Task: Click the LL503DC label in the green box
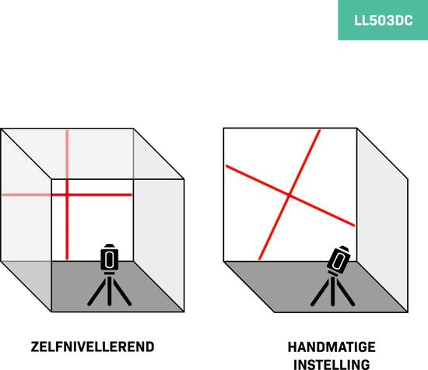[383, 20]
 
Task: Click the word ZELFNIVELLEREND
[93, 347]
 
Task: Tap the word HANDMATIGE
[332, 347]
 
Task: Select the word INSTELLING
[332, 365]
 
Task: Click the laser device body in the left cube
[110, 259]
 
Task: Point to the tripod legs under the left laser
[110, 291]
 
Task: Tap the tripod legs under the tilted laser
[333, 291]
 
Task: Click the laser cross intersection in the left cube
[67, 195]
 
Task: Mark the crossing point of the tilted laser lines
[289, 195]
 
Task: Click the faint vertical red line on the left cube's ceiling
[67, 154]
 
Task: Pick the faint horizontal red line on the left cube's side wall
[26, 195]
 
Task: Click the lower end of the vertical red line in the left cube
[67, 259]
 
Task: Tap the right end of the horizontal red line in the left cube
[131, 195]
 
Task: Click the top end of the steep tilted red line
[319, 131]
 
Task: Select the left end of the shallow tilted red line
[226, 166]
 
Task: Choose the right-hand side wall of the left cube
[159, 220]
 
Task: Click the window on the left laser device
[110, 259]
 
